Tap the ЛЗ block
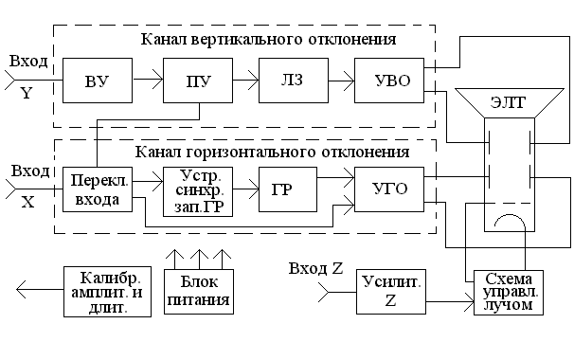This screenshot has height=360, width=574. pyautogui.click(x=288, y=81)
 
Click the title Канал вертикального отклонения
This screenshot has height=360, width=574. pyautogui.click(x=267, y=40)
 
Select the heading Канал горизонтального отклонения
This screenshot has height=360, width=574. pyautogui.click(x=272, y=152)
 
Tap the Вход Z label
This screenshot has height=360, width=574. pyautogui.click(x=315, y=268)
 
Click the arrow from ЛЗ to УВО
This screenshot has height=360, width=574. pyautogui.click(x=337, y=81)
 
